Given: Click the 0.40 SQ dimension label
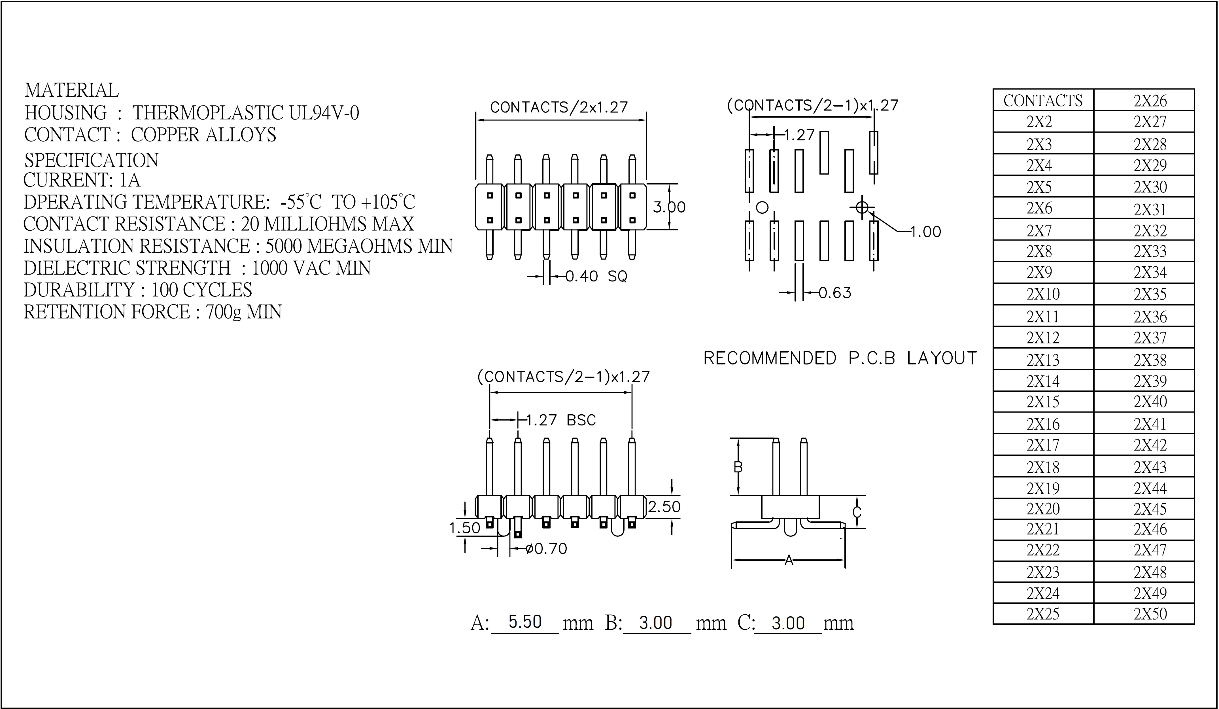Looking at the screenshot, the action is (x=596, y=276).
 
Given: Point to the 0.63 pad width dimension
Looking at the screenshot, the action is (x=835, y=293).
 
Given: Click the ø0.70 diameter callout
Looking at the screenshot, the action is (x=546, y=548).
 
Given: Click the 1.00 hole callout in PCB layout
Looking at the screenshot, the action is (x=926, y=232).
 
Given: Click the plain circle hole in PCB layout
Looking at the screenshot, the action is (x=762, y=207).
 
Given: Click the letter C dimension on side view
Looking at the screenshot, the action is (x=857, y=511).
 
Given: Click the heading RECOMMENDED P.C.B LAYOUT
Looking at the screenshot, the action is (x=840, y=358).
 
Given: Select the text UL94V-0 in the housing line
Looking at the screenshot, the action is (x=324, y=113).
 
